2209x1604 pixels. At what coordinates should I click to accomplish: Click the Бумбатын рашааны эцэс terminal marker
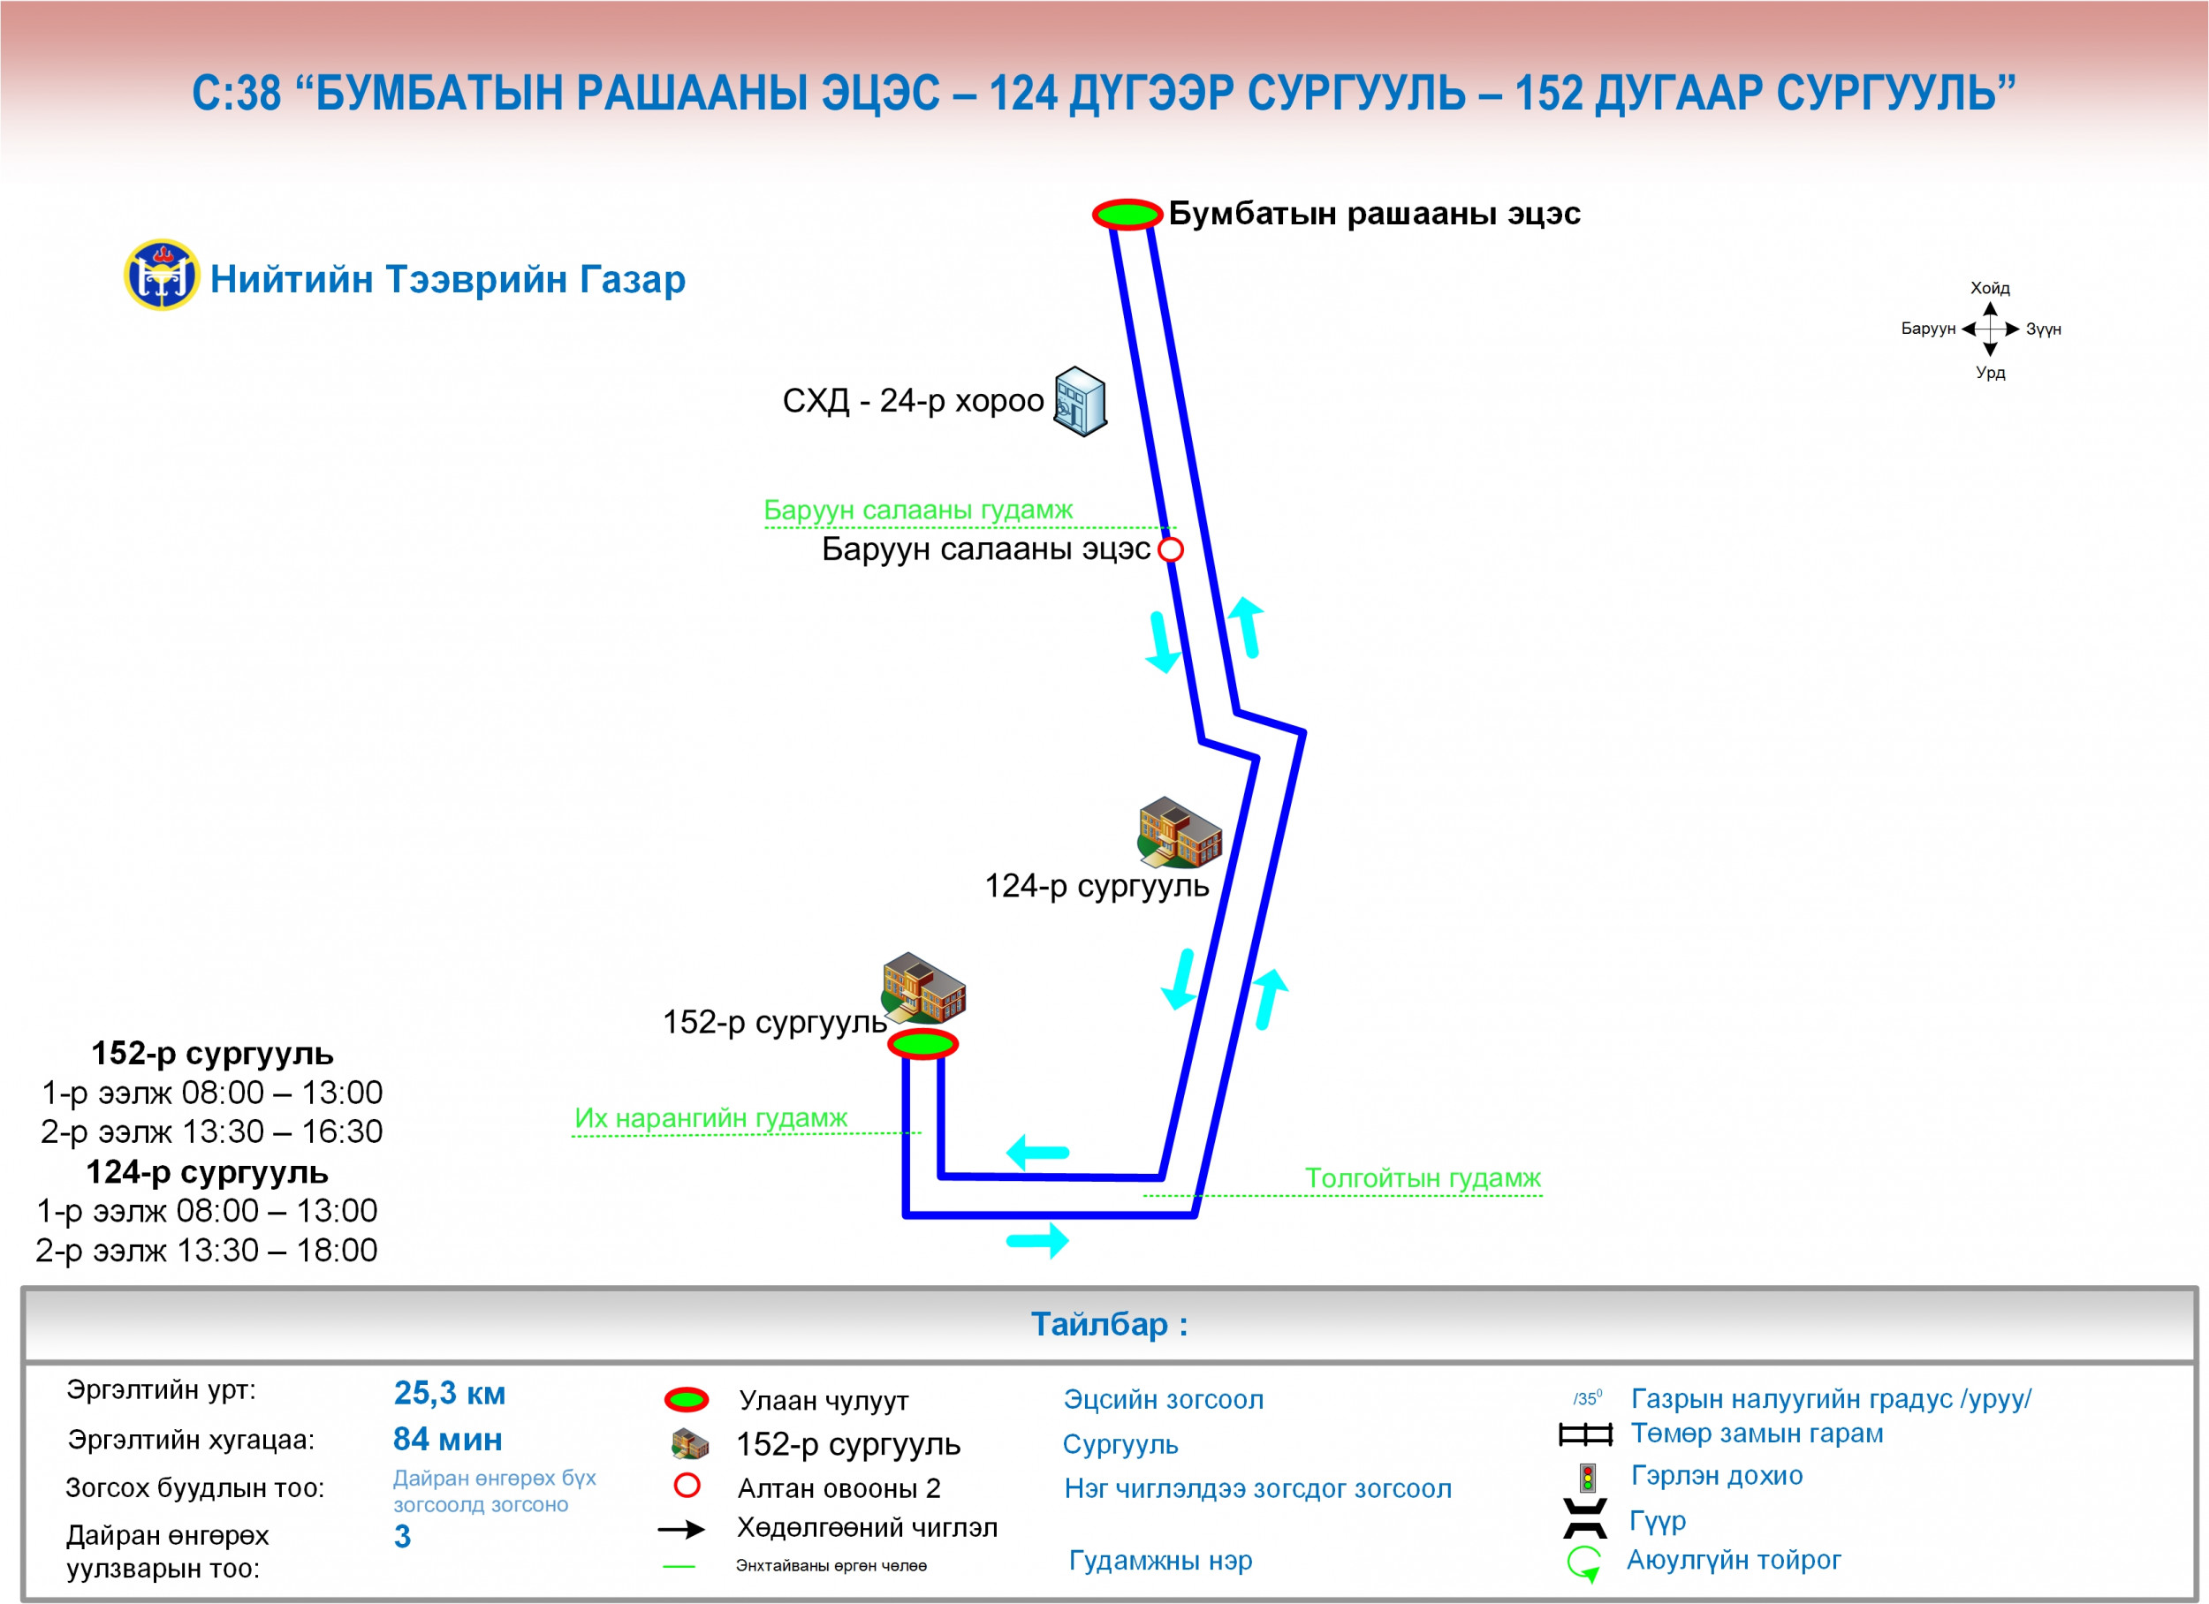pos(1127,213)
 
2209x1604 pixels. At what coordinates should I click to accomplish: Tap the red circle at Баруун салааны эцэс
pos(1171,549)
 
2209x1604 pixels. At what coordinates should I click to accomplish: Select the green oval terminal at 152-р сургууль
pos(922,1044)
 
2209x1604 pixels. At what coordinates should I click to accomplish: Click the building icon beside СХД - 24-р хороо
pos(1080,401)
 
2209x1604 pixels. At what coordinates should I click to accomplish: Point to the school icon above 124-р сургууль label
pos(1180,832)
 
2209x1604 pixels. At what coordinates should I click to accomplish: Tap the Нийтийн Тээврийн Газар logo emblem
pos(162,275)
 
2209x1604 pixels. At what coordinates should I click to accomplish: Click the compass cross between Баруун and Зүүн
pos(1990,329)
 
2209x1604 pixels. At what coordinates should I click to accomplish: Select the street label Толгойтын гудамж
pos(1422,1178)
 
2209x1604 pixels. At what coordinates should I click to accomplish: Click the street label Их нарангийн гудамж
pos(711,1118)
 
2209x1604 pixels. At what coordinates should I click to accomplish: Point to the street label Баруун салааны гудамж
pos(917,510)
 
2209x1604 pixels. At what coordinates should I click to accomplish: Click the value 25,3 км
pos(449,1393)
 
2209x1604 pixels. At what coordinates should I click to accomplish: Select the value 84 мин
pos(448,1439)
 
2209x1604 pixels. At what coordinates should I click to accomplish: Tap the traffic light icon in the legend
pos(1588,1478)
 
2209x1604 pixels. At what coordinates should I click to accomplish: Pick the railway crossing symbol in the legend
pos(1586,1434)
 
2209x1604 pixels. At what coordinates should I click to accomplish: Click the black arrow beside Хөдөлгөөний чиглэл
pos(682,1529)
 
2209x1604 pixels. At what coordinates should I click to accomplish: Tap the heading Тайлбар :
pos(1110,1325)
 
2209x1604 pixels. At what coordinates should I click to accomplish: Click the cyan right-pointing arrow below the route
pos(1038,1241)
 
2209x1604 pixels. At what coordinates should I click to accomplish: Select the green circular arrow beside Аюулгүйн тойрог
pos(1584,1563)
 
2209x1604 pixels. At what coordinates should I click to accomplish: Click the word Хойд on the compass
pos(1990,288)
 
